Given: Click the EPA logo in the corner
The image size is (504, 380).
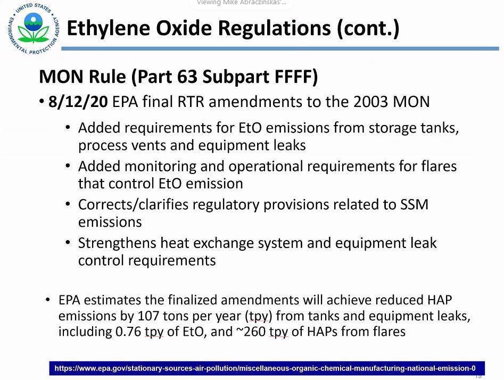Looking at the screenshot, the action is [34, 28].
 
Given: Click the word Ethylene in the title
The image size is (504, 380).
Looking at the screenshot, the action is [109, 28].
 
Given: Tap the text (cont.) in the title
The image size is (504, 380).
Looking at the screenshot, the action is [368, 28].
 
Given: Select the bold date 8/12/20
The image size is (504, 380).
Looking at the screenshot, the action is [78, 102].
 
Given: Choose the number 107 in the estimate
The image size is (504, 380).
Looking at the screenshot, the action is [148, 316].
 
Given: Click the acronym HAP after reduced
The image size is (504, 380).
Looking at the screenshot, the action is [440, 300].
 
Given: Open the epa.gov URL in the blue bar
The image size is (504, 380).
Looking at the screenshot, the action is [265, 368].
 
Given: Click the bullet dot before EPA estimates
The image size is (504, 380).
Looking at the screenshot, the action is [48, 300].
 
